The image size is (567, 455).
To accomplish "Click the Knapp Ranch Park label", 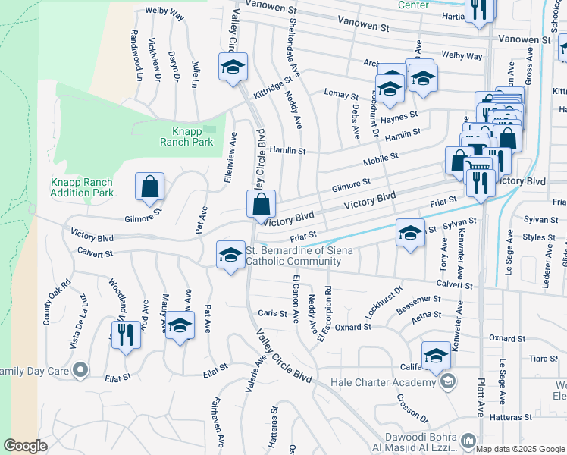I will [187, 135].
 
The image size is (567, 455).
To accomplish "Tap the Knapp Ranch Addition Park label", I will [82, 187].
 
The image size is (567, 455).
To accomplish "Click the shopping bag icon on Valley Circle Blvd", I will [260, 204].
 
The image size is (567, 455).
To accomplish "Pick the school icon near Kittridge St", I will [233, 67].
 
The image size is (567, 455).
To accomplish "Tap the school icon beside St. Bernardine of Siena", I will [230, 254].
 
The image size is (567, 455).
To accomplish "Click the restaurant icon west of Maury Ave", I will [126, 333].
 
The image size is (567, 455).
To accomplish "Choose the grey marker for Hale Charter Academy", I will [448, 381].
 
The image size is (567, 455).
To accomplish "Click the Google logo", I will [25, 446].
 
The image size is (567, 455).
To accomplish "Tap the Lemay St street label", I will [340, 96].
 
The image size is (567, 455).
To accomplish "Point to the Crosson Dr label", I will [412, 409].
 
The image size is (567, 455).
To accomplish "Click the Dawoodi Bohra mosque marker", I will [468, 440].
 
